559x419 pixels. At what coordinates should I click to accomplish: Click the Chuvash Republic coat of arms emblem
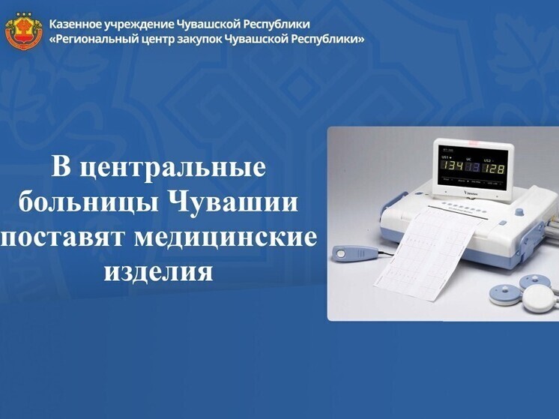[x=24, y=31]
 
